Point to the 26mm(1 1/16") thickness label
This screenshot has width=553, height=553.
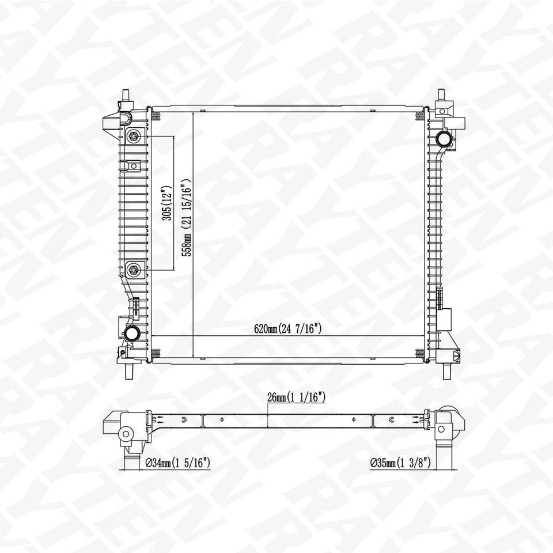click(x=297, y=397)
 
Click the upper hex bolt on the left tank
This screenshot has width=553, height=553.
click(x=134, y=137)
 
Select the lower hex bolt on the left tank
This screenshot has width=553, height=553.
click(x=134, y=268)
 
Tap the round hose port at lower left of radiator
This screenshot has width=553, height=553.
click(x=132, y=333)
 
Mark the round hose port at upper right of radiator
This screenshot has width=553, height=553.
click(x=444, y=139)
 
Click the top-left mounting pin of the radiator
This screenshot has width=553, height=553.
click(x=126, y=96)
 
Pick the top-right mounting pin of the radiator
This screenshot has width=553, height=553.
click(x=442, y=96)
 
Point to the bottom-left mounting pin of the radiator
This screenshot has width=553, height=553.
click(x=128, y=372)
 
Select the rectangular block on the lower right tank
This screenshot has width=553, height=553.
click(x=445, y=319)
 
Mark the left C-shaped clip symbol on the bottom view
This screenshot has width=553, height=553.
click(x=184, y=419)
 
